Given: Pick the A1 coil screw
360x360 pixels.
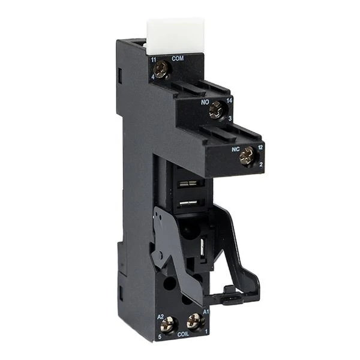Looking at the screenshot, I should coord(193,321).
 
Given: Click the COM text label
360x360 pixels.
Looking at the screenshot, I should coord(178,58).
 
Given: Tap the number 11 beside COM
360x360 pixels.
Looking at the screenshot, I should coord(154,59).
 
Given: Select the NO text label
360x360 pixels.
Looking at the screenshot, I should coord(204,103).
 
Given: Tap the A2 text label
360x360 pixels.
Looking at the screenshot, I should coord(160,316).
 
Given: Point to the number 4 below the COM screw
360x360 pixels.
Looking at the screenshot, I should coord(154,78).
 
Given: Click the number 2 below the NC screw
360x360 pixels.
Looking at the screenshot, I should coord(260,164).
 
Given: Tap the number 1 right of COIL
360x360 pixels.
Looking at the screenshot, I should coord(206,331).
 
